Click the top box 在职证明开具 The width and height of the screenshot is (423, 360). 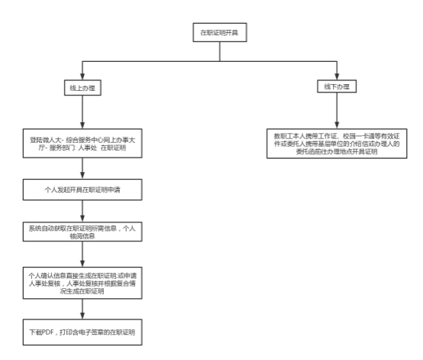click(220, 32)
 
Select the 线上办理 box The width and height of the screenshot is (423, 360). click(82, 88)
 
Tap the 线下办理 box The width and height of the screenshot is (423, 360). click(337, 86)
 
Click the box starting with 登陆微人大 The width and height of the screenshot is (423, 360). click(82, 144)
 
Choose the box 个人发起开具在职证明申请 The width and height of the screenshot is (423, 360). click(82, 190)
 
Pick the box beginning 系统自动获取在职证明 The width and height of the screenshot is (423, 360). click(82, 232)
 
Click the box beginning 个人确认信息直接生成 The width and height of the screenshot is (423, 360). click(82, 283)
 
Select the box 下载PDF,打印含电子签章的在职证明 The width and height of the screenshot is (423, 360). click(82, 332)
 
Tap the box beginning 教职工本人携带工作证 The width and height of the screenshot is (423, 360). click(337, 144)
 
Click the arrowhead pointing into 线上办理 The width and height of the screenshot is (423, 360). click(82, 76)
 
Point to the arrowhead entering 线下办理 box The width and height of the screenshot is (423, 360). click(337, 76)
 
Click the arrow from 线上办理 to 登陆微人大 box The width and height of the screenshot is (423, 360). click(82, 112)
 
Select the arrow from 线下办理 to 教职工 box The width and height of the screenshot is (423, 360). click(337, 111)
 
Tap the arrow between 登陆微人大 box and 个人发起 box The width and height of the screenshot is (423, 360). click(82, 168)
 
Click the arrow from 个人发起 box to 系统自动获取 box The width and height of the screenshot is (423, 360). click(82, 211)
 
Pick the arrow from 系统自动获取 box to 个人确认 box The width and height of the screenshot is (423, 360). click(82, 254)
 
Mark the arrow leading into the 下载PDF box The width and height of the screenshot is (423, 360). click(82, 309)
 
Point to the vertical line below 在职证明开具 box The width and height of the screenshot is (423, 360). click(220, 51)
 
